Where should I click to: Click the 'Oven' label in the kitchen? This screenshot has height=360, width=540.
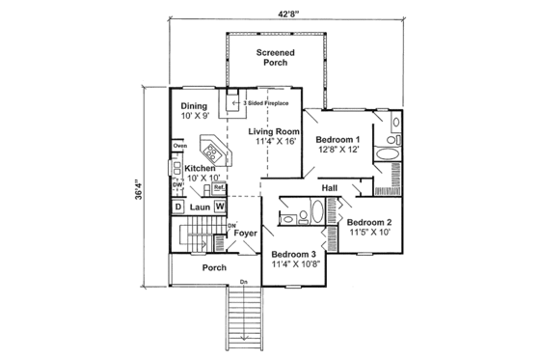[x=179, y=146]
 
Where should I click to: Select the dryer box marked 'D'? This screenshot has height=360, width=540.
[x=179, y=207]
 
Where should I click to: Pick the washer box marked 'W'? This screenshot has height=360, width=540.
[x=220, y=207]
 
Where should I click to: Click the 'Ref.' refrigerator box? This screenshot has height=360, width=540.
[x=219, y=187]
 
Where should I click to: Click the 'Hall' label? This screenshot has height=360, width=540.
[x=328, y=187]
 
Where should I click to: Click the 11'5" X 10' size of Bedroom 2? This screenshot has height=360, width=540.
[x=369, y=233]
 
